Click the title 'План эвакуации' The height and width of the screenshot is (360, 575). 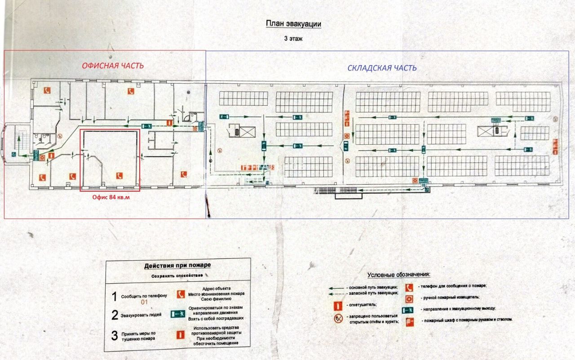click(293, 24)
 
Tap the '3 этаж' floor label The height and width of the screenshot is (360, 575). click(293, 39)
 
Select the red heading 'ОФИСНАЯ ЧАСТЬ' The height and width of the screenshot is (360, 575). click(113, 66)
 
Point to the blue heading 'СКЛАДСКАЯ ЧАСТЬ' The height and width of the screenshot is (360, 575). click(382, 68)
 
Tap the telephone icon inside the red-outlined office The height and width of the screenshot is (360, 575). click(119, 176)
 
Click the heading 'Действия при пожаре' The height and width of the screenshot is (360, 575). click(177, 266)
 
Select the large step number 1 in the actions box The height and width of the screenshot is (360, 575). click(114, 296)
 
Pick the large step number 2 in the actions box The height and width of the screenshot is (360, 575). click(115, 315)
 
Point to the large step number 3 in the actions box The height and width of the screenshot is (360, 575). click(115, 335)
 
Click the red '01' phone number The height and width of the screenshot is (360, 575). click(145, 302)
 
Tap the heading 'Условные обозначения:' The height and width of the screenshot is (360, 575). click(398, 275)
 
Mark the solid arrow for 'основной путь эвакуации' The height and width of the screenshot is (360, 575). click(336, 287)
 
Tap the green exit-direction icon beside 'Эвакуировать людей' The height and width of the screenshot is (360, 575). click(178, 314)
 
